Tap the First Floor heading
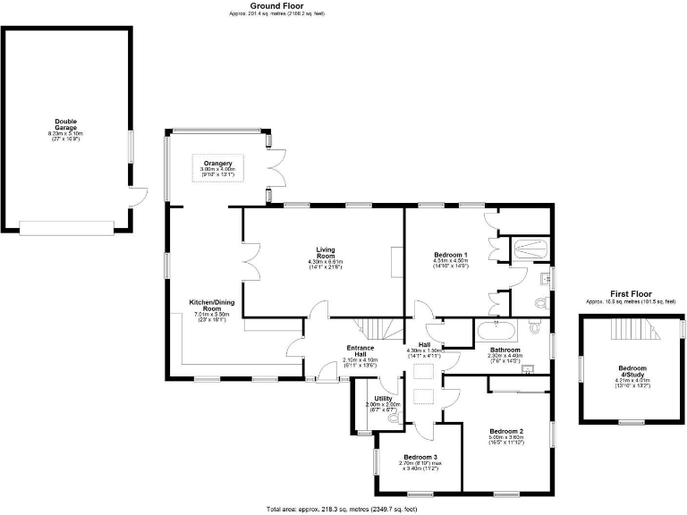click(631, 294)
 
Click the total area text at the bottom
click(343, 509)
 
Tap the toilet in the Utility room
click(394, 418)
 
